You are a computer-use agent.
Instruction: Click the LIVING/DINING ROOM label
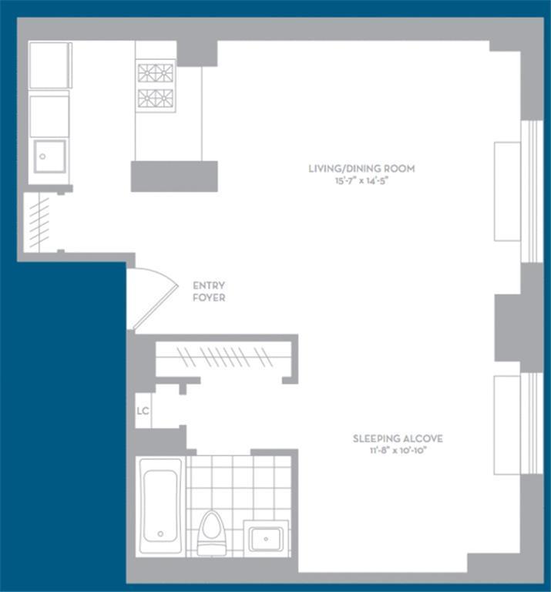click(361, 168)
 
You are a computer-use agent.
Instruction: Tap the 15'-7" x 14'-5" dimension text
click(361, 180)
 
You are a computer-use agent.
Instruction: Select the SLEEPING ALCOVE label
click(398, 439)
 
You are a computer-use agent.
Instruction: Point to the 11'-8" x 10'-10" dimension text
click(398, 451)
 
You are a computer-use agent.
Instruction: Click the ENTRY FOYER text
click(209, 291)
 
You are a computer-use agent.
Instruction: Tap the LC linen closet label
click(143, 411)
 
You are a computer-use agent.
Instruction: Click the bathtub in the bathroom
click(160, 506)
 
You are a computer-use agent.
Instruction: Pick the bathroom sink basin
click(267, 538)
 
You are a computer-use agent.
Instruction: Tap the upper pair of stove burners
click(156, 73)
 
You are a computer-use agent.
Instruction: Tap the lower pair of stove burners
click(156, 99)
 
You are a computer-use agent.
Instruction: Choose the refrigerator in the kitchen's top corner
click(50, 66)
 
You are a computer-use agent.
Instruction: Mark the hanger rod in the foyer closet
click(223, 357)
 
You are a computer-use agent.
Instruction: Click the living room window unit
click(508, 191)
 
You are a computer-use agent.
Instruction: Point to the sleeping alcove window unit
click(508, 425)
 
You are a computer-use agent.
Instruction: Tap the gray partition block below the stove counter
click(174, 176)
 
